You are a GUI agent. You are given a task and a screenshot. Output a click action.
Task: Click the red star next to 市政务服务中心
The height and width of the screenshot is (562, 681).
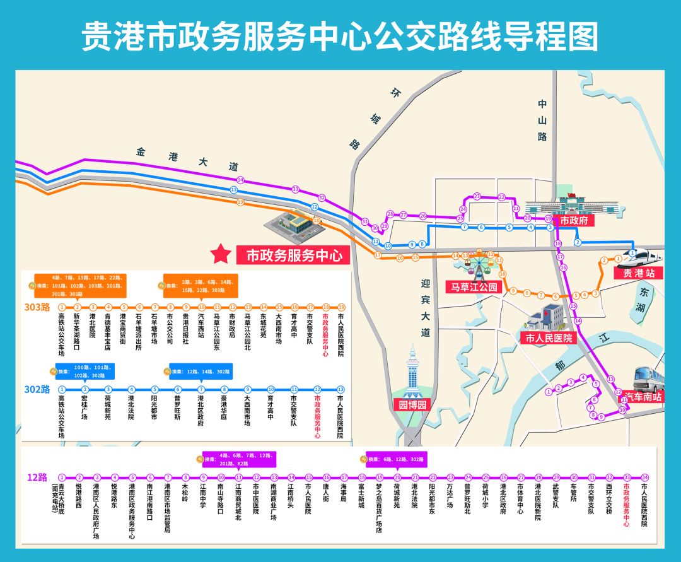(x=221, y=254)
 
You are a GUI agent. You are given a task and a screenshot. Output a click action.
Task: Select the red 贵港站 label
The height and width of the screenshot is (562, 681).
(x=638, y=273)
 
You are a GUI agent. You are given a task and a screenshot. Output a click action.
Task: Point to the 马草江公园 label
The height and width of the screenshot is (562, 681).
(x=474, y=287)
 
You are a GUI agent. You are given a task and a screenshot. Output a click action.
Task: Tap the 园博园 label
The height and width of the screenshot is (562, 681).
(x=412, y=405)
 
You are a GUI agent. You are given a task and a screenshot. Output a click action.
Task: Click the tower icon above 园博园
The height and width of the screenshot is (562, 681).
(x=412, y=369)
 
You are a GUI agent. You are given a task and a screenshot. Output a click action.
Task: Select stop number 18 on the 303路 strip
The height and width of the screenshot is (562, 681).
(x=325, y=307)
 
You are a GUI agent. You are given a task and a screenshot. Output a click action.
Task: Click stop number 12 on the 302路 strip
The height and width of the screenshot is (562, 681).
(x=317, y=389)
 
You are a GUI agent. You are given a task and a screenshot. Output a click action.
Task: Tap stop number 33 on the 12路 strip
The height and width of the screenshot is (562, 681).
(x=627, y=477)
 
